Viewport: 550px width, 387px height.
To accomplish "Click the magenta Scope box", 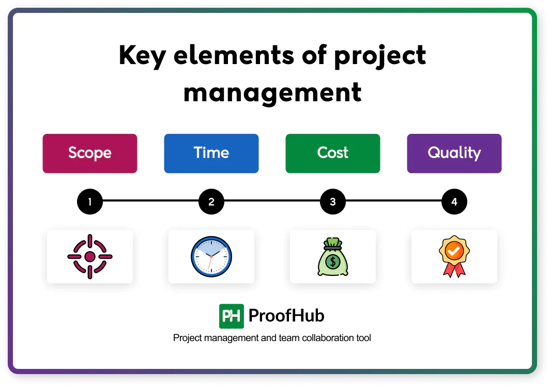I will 90,153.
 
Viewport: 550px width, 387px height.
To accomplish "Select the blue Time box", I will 211,153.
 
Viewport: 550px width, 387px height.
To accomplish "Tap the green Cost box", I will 332,153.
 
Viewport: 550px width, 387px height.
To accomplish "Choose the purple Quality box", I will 454,153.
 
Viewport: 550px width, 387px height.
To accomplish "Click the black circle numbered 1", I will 90,202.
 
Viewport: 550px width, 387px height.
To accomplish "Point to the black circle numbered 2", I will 211,202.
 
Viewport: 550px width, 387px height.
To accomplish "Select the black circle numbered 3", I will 332,202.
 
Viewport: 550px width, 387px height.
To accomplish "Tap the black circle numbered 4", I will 454,202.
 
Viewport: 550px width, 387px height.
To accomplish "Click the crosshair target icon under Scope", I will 90,257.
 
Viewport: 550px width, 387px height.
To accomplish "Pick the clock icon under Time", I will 211,257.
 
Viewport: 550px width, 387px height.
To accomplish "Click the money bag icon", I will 332,257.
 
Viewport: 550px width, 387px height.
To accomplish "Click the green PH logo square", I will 231,316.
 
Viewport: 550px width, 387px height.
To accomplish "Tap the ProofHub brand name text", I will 286,316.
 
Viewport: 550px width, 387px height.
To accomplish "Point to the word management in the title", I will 272,92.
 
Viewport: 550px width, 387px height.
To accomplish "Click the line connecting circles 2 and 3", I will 272,202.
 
